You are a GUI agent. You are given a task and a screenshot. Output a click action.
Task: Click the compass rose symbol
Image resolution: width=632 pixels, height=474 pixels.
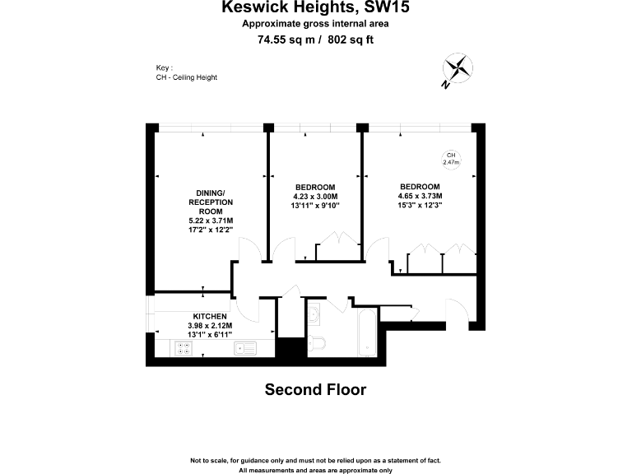[458, 68]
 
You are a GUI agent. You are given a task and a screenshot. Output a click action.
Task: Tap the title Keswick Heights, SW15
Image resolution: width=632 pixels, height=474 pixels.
[316, 8]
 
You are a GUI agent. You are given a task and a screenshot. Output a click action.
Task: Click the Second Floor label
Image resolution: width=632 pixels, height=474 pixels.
[315, 389]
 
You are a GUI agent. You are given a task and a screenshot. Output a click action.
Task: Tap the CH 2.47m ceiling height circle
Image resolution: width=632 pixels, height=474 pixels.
[450, 159]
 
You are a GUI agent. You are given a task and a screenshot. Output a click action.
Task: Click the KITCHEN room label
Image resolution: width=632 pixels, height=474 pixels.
[210, 316]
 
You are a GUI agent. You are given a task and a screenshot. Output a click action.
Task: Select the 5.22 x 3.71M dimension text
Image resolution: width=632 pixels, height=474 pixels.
[211, 221]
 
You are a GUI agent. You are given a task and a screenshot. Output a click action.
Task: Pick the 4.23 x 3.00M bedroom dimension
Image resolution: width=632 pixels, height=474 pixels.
[315, 196]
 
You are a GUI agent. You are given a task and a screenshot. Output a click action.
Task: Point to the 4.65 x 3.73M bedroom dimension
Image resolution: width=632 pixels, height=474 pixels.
[421, 196]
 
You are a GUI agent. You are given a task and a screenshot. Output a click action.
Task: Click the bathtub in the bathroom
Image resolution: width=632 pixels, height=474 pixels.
[366, 333]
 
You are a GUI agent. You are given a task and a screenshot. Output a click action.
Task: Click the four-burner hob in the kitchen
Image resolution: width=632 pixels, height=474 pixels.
[184, 348]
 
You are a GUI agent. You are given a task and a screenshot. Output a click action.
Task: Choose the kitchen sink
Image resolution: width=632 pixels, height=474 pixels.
[244, 348]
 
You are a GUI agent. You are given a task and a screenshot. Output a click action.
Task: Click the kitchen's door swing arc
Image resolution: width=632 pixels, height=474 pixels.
[249, 309]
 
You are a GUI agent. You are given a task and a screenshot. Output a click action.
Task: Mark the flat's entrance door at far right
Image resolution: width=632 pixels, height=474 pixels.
[458, 314]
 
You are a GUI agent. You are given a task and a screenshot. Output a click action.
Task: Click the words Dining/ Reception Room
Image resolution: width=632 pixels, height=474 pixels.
[211, 202]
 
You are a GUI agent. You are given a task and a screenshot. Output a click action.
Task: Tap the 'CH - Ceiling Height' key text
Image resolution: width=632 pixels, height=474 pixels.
[187, 77]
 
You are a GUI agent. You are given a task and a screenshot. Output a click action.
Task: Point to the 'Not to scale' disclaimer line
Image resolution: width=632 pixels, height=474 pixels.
[316, 460]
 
